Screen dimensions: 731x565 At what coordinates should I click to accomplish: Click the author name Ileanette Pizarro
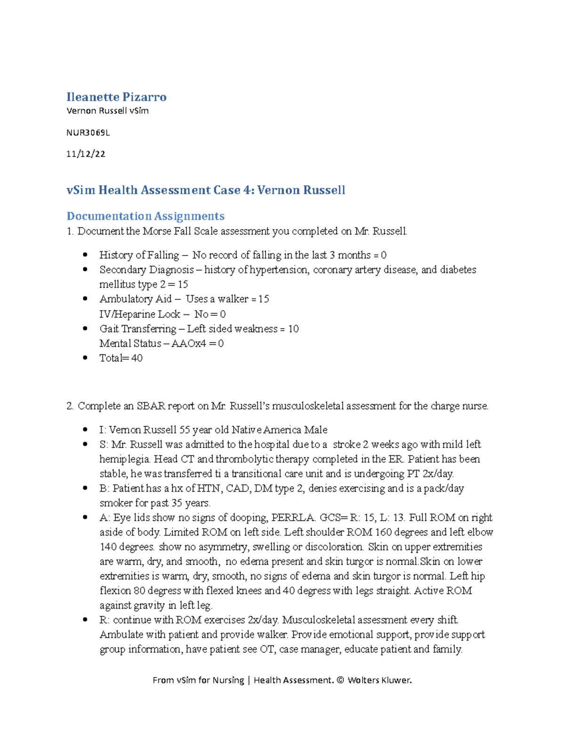[116, 97]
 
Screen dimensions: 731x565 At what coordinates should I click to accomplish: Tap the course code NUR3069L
[88, 133]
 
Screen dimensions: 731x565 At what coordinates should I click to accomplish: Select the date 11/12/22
[86, 154]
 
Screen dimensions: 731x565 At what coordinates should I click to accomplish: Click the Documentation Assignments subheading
[145, 216]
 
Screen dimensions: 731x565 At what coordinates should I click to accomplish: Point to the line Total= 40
[121, 358]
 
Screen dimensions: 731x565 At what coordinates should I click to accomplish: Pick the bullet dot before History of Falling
[85, 255]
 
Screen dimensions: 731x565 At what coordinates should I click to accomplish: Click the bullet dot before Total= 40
[85, 358]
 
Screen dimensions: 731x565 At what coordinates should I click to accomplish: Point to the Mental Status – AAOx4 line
[161, 344]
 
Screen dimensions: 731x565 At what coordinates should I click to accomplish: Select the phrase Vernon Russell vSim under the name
[107, 111]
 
